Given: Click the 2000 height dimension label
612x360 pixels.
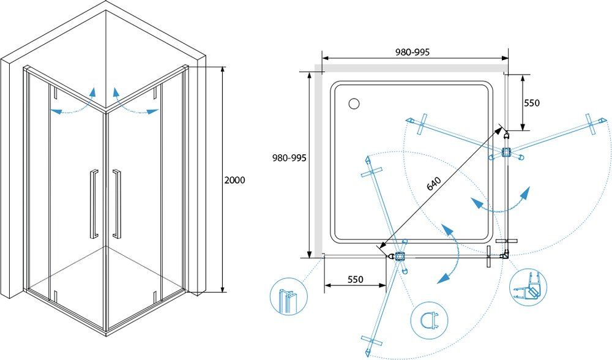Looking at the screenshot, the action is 234,180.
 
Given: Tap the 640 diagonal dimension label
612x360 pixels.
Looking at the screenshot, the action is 434,184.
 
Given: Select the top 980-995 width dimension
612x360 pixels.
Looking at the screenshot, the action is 412,52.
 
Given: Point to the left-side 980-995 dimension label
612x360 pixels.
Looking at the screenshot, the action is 289,158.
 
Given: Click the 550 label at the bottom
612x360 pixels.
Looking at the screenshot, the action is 355,279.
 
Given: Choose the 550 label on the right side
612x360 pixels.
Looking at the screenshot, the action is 532,103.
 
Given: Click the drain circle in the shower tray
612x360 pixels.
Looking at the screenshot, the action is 354,103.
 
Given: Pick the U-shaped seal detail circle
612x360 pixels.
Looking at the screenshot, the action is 430,321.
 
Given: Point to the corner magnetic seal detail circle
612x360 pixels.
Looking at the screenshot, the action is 528,287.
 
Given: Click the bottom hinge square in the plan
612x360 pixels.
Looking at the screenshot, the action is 400,257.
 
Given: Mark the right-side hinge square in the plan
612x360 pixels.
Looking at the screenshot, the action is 507,152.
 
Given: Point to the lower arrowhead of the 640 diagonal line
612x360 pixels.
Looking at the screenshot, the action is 382,246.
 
